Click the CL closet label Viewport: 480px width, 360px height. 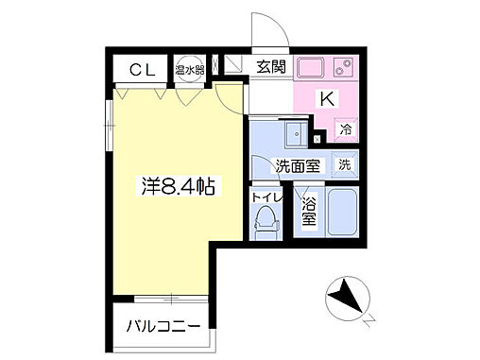142,69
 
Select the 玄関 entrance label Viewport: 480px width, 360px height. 270,68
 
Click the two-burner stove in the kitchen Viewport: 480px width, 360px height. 343,68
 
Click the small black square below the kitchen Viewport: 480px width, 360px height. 317,139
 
